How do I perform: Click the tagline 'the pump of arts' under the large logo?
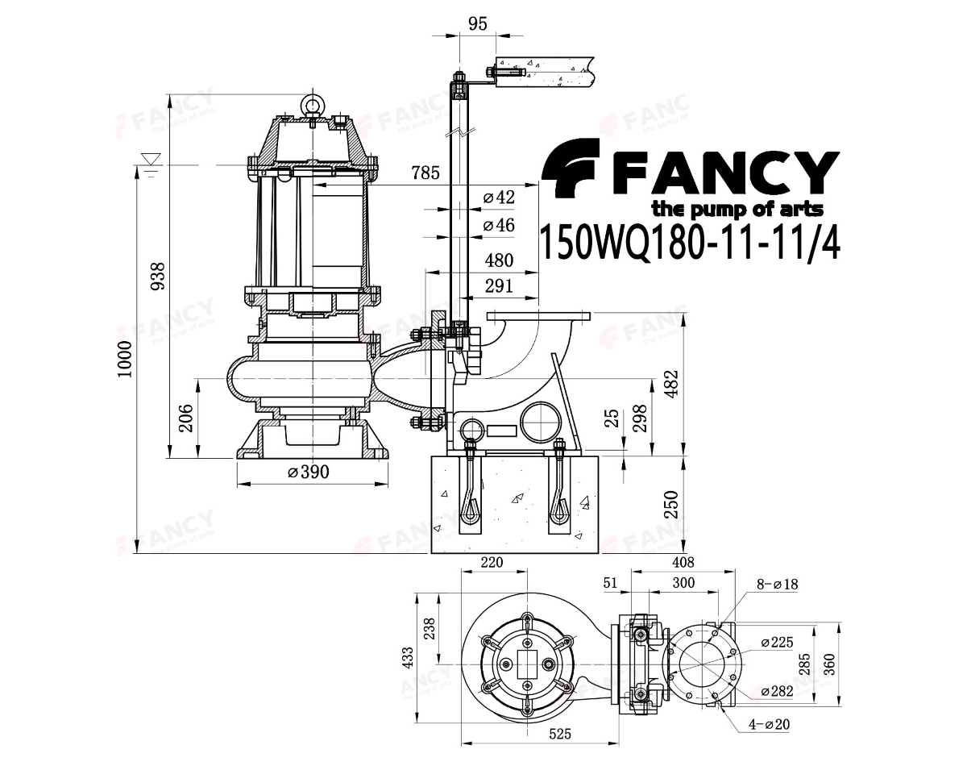737,210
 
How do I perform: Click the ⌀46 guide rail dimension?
499,225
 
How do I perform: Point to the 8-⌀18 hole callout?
776,585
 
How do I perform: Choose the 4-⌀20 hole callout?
768,725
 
